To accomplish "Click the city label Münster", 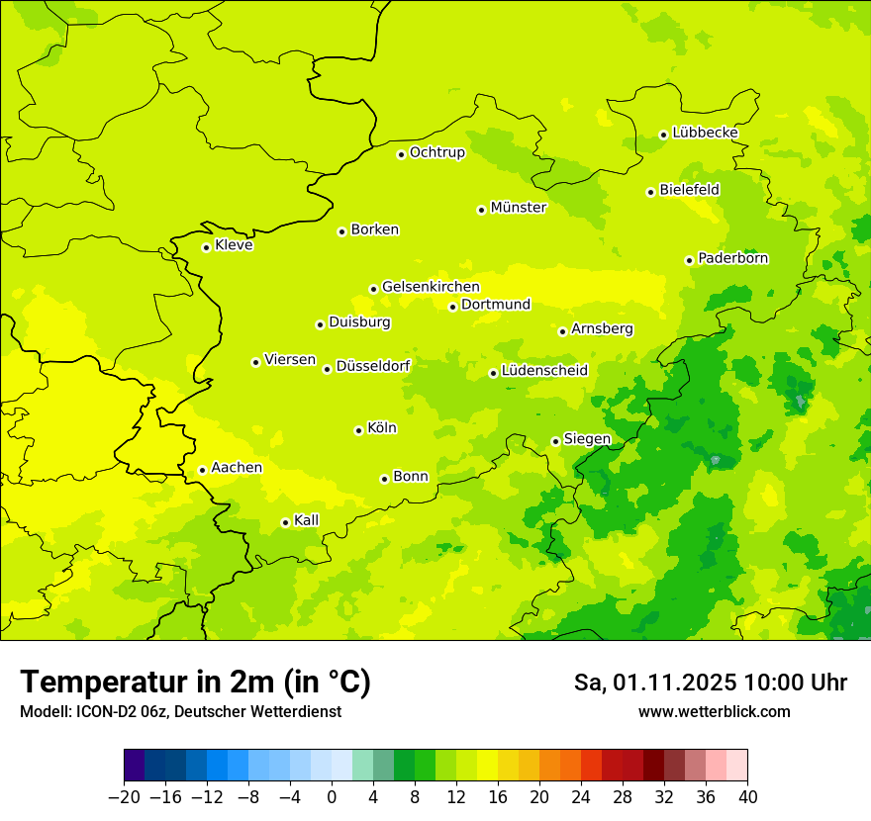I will (x=518, y=208).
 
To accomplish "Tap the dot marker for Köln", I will (x=358, y=430).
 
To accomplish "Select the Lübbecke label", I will (x=705, y=133).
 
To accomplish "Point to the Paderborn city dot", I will (x=689, y=260).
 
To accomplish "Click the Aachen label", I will (x=237, y=468).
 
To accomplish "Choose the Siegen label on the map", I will (x=587, y=439).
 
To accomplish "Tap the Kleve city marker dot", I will (x=206, y=247).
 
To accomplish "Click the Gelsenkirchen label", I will (x=431, y=287).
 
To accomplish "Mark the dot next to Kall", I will (x=285, y=522).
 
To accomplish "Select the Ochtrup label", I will (x=436, y=152).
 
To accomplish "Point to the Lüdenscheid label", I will (x=544, y=371).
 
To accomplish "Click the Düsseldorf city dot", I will (x=327, y=369).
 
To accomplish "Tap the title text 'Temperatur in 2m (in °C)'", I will (x=195, y=683).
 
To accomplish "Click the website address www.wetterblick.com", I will (x=714, y=711).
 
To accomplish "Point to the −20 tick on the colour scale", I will (x=124, y=797).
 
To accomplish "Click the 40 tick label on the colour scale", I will (x=747, y=797).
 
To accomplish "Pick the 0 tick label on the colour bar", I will (x=332, y=797).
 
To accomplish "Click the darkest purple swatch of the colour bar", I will (x=134, y=766).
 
